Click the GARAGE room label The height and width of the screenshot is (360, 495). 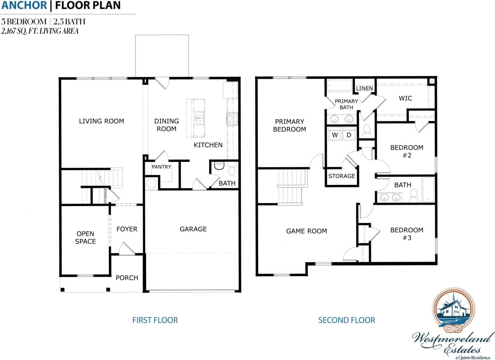(x=193, y=229)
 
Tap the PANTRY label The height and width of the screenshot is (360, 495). (x=161, y=167)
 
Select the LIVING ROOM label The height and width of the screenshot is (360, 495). (x=101, y=121)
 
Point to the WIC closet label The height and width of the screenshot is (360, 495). (x=405, y=98)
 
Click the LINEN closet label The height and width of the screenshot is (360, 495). (x=364, y=88)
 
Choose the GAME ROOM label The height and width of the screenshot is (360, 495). (x=306, y=231)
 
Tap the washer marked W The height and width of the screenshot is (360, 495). (x=335, y=135)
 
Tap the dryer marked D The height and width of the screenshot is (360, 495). (x=348, y=135)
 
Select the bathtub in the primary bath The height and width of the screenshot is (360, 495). (x=339, y=85)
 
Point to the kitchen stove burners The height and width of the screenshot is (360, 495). (x=233, y=119)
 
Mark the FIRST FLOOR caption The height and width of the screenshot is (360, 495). (x=155, y=320)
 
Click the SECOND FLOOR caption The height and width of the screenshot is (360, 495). (x=347, y=320)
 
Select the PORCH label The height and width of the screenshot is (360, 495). (x=127, y=278)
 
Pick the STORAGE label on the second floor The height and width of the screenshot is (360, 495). (x=342, y=176)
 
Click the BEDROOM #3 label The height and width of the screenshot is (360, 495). (x=407, y=234)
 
